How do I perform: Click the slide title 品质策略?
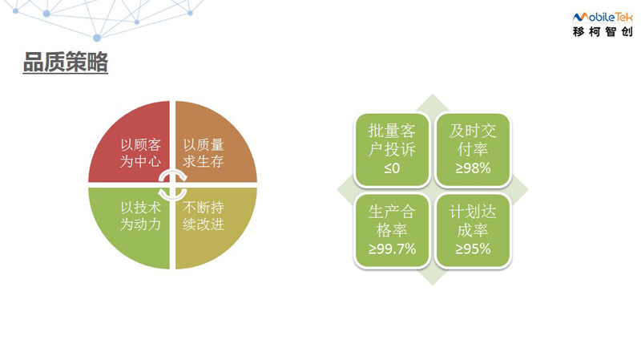66,63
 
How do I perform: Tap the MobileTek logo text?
603,17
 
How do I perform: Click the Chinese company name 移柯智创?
603,31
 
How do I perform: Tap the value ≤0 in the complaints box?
392,168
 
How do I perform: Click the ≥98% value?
473,168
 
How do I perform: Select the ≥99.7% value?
392,249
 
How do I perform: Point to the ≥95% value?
473,249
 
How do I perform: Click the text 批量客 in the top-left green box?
392,131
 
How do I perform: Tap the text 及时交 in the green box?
473,131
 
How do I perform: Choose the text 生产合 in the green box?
392,212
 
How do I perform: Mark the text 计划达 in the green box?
473,212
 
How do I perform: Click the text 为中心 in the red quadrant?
140,161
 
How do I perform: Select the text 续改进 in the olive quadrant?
204,224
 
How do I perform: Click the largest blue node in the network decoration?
97,38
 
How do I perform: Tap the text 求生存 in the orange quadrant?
204,161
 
